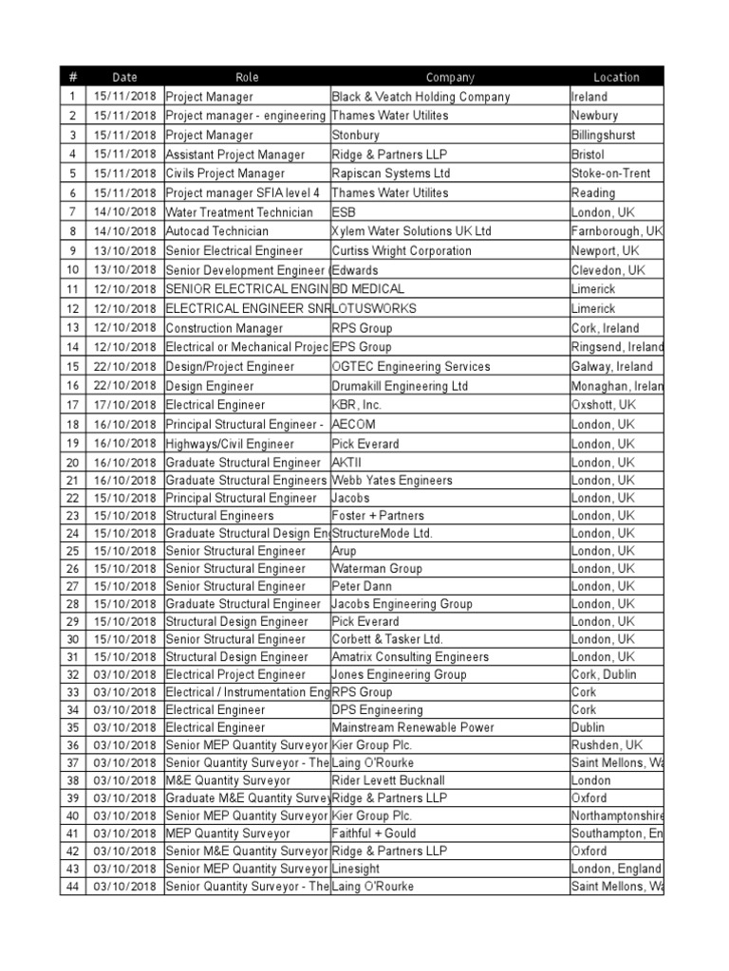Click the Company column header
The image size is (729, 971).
click(x=450, y=78)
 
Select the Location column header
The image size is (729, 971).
click(x=616, y=78)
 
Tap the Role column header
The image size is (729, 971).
click(x=247, y=78)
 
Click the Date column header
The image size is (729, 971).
click(x=124, y=78)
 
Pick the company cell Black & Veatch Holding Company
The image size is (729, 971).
click(x=421, y=97)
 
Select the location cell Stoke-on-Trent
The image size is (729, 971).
click(x=610, y=174)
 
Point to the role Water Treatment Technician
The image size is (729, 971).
click(x=239, y=212)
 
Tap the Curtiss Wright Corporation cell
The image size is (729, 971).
click(x=401, y=251)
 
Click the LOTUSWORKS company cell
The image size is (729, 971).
click(x=374, y=309)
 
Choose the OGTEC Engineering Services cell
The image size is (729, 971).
click(x=411, y=367)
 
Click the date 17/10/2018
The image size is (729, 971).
click(x=124, y=405)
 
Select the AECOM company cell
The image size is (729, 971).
click(x=353, y=425)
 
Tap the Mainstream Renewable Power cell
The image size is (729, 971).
click(x=413, y=728)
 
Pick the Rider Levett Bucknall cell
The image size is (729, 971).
click(x=388, y=780)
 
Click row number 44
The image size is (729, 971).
click(x=72, y=887)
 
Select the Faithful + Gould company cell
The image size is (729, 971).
click(x=374, y=834)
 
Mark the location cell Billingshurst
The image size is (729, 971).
click(x=604, y=136)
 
